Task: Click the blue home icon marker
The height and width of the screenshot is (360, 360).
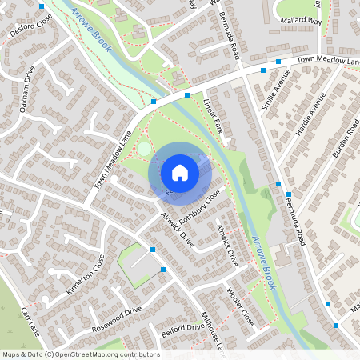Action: (180, 172)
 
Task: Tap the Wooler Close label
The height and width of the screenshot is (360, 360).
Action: (240, 306)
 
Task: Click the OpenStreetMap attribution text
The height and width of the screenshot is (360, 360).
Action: (80, 354)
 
